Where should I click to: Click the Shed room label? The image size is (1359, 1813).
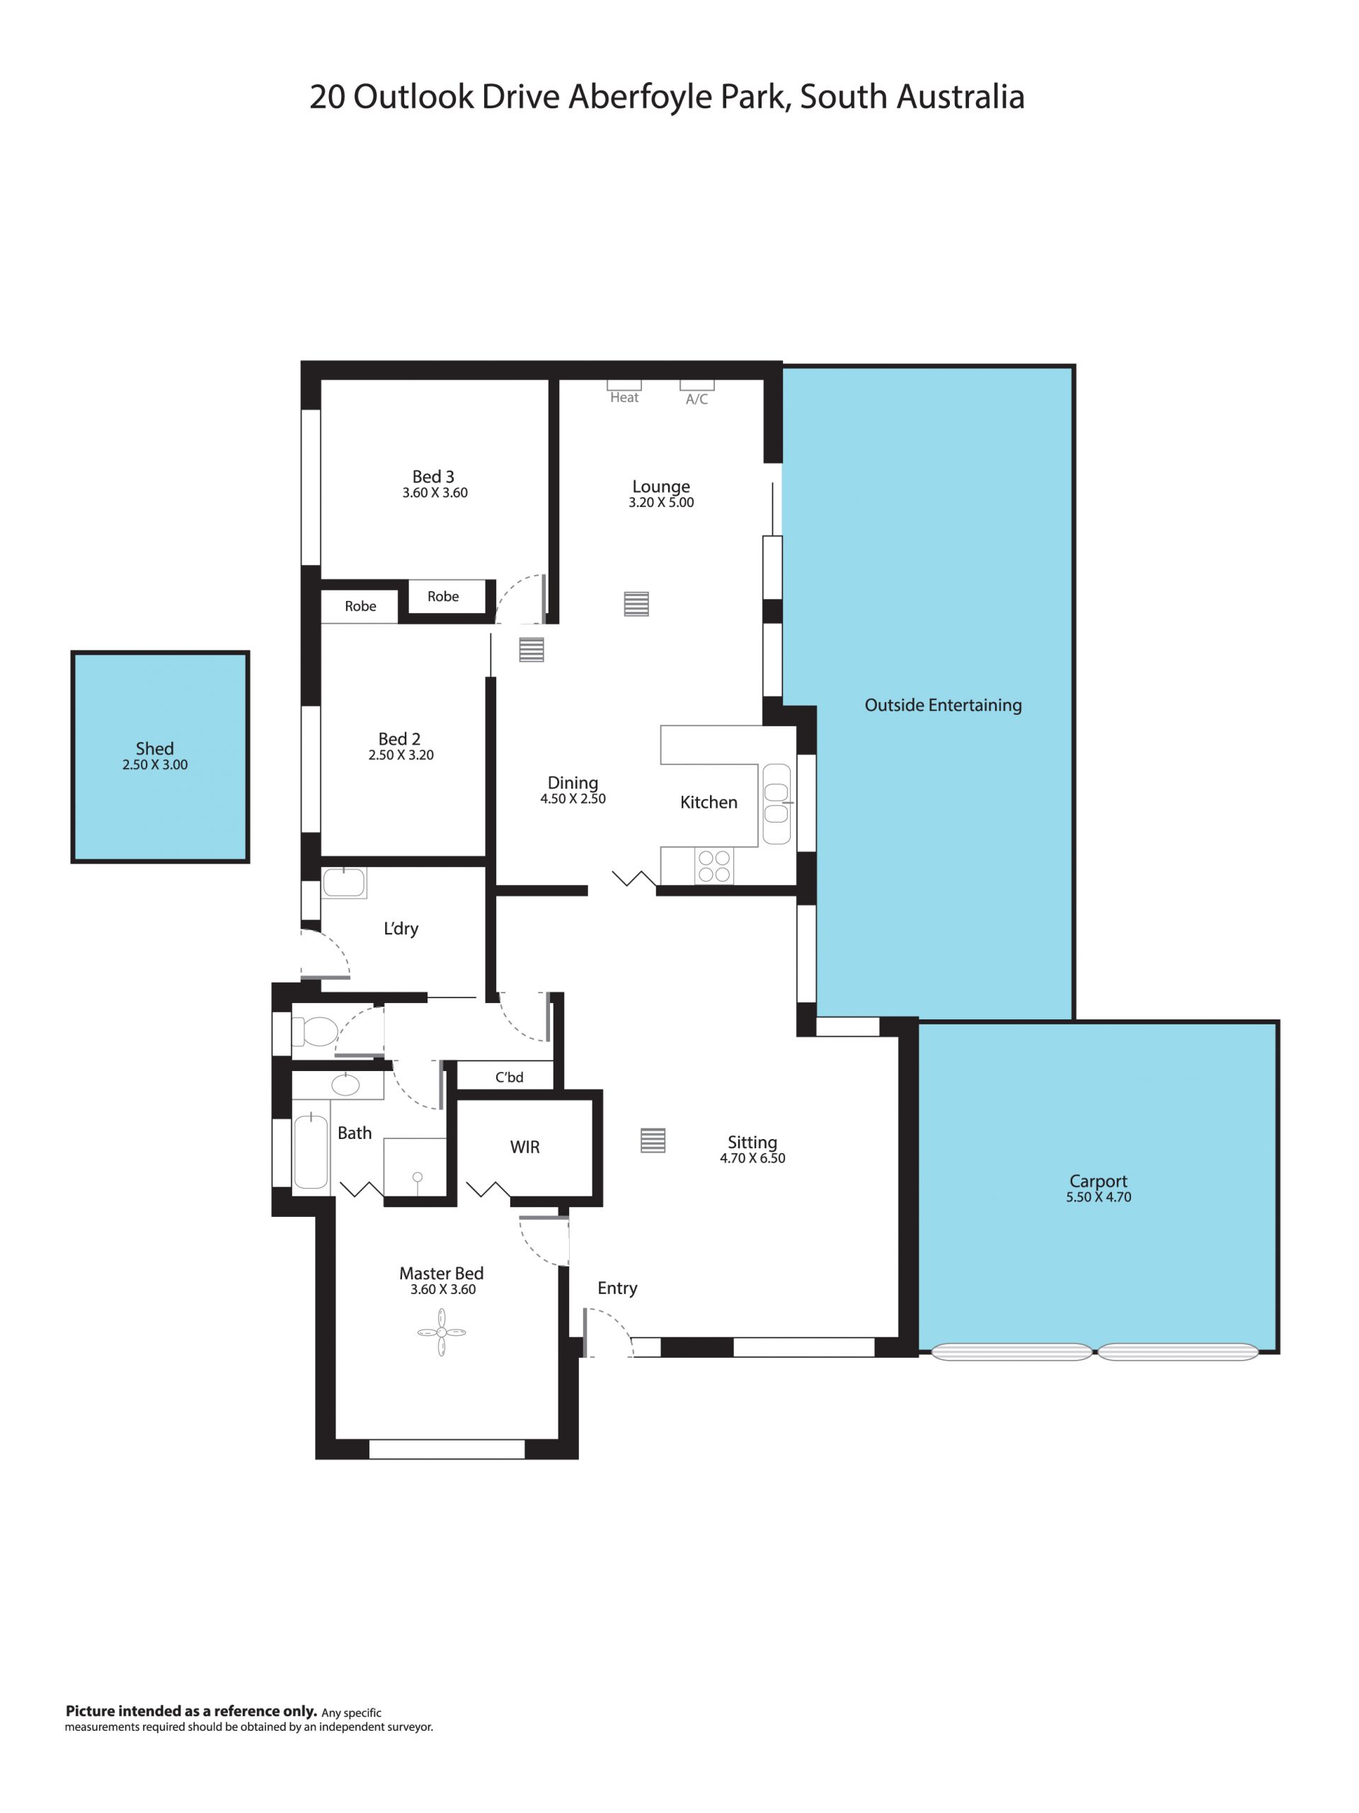(155, 748)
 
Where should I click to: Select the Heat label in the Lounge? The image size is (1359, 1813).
(624, 398)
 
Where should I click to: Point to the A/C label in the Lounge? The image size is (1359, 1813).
(696, 399)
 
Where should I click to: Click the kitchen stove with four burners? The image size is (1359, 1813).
(714, 867)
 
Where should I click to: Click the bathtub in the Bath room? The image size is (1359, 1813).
(311, 1151)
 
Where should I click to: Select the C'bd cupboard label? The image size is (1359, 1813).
(509, 1077)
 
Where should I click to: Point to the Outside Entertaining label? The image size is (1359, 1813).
(944, 705)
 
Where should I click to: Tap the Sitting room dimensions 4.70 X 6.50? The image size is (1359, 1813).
(752, 1158)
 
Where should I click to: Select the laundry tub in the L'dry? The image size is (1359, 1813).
(344, 883)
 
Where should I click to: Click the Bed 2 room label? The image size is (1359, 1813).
(399, 738)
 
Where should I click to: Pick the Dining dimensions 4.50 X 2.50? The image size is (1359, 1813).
(573, 799)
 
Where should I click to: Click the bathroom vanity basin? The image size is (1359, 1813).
(345, 1085)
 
